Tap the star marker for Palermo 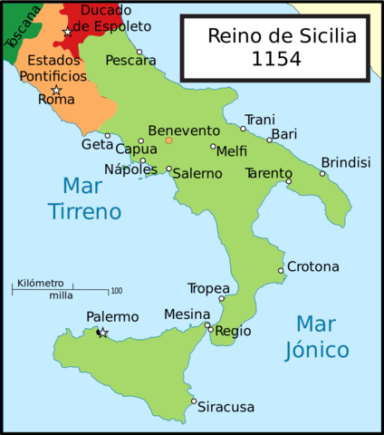pyautogui.click(x=102, y=333)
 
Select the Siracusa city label pyautogui.click(x=227, y=407)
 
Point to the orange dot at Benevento pyautogui.click(x=168, y=140)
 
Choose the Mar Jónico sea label pyautogui.click(x=322, y=336)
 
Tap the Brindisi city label pyautogui.click(x=346, y=161)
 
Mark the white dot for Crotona pyautogui.click(x=281, y=270)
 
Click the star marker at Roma pyautogui.click(x=56, y=90)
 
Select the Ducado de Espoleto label pyautogui.click(x=105, y=18)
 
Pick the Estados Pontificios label pyautogui.click(x=56, y=68)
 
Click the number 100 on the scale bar pyautogui.click(x=116, y=291)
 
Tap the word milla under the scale pyautogui.click(x=62, y=296)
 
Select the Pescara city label pyautogui.click(x=130, y=60)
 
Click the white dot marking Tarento pyautogui.click(x=289, y=182)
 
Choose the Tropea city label pyautogui.click(x=208, y=288)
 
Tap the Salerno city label pyautogui.click(x=197, y=173)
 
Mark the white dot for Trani pyautogui.click(x=244, y=129)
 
